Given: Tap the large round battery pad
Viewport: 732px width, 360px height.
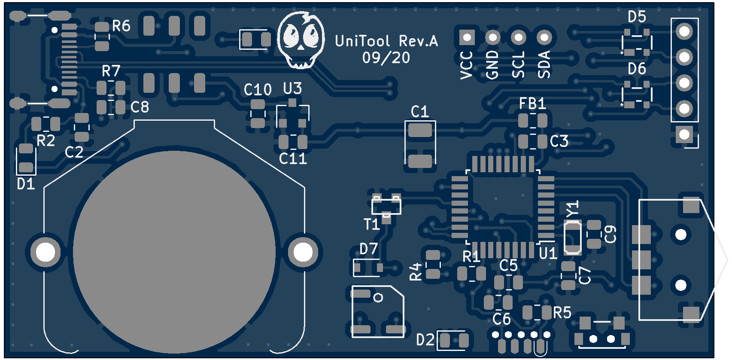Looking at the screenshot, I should click(x=174, y=251).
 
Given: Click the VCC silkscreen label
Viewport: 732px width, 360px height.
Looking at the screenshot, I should click(x=466, y=65).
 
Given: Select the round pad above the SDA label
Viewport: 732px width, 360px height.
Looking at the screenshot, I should click(x=544, y=38).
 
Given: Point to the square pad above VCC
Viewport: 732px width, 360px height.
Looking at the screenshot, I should click(x=467, y=38).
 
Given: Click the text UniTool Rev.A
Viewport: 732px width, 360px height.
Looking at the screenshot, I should click(x=386, y=41).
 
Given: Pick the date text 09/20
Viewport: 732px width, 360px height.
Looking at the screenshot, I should click(x=386, y=58).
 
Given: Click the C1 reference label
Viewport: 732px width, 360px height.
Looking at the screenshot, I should click(x=419, y=112).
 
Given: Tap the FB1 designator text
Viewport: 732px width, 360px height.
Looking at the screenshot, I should click(x=532, y=104).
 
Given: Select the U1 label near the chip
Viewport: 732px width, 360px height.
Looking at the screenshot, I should click(x=548, y=253).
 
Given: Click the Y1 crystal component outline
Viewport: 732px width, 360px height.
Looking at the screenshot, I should click(x=573, y=237).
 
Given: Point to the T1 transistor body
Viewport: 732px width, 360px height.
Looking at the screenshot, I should click(x=386, y=206).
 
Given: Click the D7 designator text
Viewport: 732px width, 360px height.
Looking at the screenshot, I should click(x=368, y=249).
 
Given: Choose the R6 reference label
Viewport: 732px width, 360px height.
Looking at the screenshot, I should click(x=121, y=26).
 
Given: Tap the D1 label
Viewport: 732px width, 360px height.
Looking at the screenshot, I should click(x=26, y=184).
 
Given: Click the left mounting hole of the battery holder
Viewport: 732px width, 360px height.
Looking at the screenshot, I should click(x=46, y=252).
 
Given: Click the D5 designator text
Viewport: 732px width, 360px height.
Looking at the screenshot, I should click(x=637, y=17).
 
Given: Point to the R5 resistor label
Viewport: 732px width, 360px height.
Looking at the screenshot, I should click(x=562, y=313).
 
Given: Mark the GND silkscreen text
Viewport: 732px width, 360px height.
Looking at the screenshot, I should click(x=492, y=65).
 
